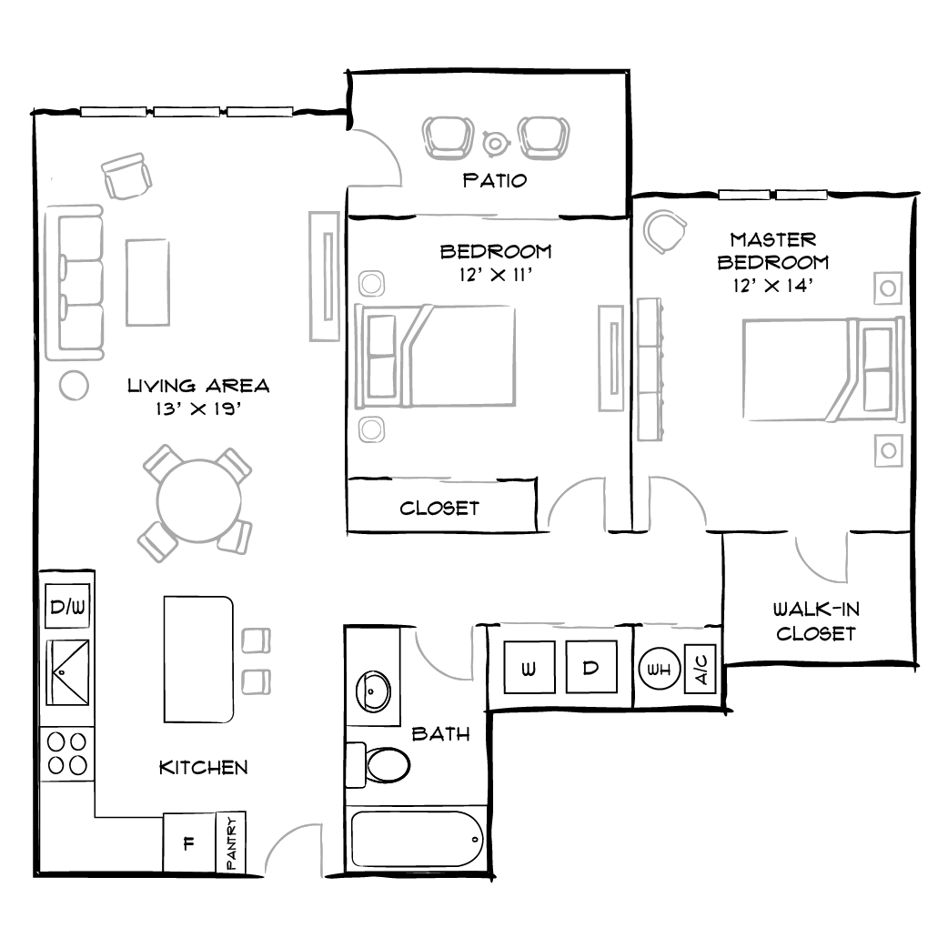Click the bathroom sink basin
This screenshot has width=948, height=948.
pos(374,691)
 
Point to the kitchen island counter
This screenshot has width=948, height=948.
pos(198,660)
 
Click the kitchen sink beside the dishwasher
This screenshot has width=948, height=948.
pos(68,672)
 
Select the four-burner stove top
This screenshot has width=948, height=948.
pos(68,754)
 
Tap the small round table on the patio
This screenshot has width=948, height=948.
pos(495,143)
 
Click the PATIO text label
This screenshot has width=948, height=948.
pos(495,180)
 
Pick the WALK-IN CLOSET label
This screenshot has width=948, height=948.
pos(815,621)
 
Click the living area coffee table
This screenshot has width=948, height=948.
pos(147,281)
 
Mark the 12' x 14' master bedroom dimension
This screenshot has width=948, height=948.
pos(772,285)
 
